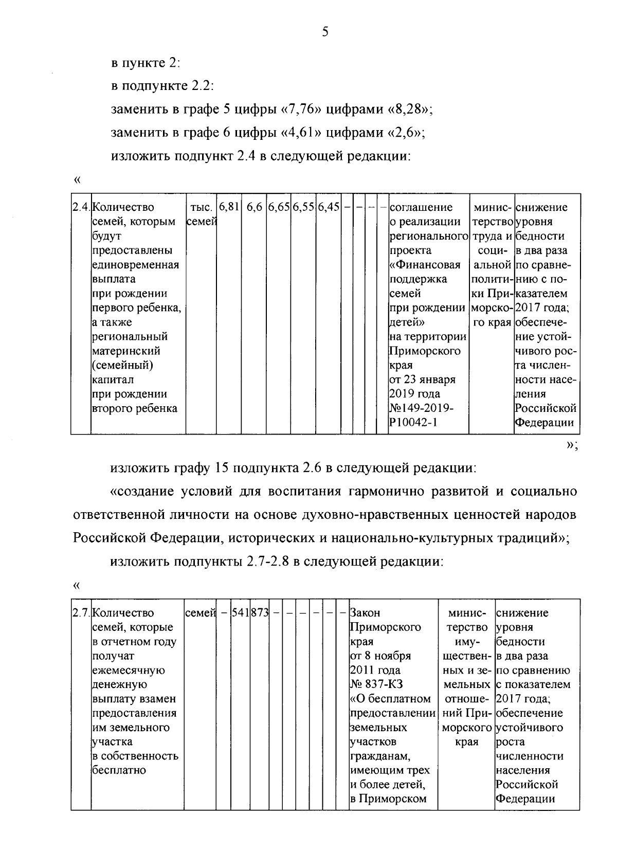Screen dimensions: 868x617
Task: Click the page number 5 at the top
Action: pos(324,32)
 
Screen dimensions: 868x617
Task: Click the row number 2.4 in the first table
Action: pos(81,207)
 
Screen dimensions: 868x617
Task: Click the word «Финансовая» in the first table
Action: pos(425,265)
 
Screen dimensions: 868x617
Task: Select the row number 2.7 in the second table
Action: pos(81,613)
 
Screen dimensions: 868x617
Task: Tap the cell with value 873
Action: pos(260,613)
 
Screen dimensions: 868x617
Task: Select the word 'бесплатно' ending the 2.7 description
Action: pos(119,770)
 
